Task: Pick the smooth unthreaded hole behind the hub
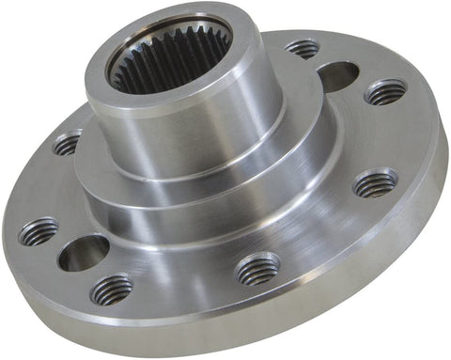(x=337, y=74)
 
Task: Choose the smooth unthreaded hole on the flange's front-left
(x=82, y=252)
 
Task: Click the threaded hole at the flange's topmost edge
(x=302, y=47)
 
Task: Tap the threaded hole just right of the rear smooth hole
(x=385, y=92)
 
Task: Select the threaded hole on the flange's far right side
(x=375, y=182)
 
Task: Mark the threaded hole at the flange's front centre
(x=257, y=270)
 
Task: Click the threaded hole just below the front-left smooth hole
(x=111, y=289)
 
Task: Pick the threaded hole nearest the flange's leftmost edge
(x=38, y=230)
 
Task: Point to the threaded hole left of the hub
(x=67, y=144)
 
